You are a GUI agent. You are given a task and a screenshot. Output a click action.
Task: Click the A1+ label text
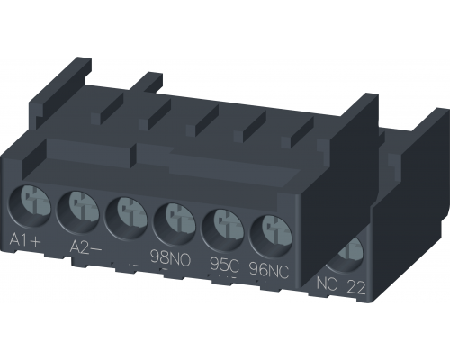28,238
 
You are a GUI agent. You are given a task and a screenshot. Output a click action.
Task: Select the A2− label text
83,246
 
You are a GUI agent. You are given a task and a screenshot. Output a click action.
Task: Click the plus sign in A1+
40,239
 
